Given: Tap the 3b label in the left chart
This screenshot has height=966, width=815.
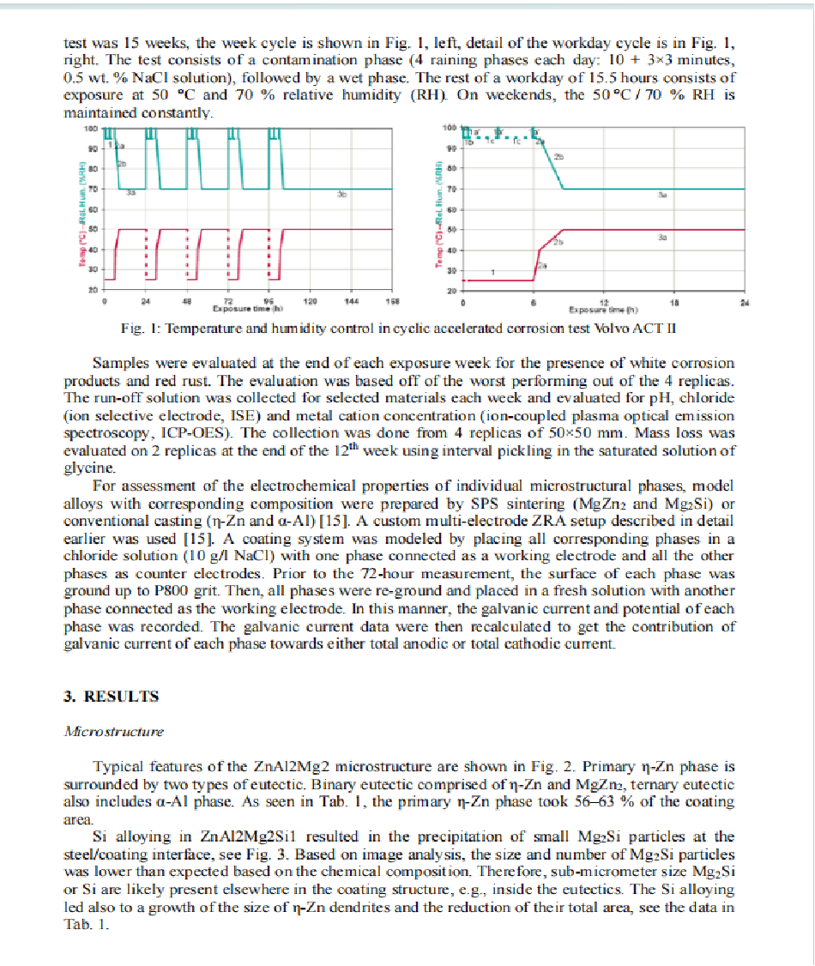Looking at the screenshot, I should pyautogui.click(x=341, y=196).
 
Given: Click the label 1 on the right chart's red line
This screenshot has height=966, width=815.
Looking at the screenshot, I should pyautogui.click(x=492, y=272).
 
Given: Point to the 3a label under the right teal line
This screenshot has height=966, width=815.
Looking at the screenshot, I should pyautogui.click(x=662, y=196).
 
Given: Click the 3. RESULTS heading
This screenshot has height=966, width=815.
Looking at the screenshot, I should pyautogui.click(x=112, y=697).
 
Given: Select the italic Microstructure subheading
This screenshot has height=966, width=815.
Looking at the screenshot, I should pyautogui.click(x=114, y=732).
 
